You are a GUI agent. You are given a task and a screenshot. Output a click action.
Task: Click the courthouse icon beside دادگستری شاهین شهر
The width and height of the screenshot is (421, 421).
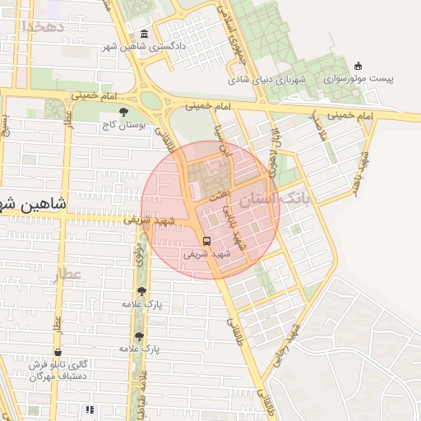(145, 34)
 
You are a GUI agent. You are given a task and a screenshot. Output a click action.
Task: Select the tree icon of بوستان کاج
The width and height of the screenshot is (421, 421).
(124, 112)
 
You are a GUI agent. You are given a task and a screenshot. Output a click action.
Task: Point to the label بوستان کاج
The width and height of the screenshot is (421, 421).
(124, 127)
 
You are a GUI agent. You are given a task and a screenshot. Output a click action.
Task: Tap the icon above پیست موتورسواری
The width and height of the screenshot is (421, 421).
(357, 66)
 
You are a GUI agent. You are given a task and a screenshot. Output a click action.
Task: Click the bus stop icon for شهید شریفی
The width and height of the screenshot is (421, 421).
(206, 242)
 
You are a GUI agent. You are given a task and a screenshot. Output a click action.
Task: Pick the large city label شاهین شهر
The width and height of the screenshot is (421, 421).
(33, 202)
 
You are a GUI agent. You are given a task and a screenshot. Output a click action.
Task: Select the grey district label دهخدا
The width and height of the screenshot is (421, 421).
(39, 27)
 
